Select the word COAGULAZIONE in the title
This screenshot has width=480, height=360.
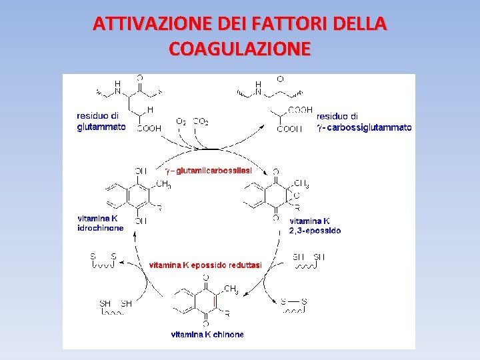point(240,49)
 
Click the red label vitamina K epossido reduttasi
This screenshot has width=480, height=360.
point(205,265)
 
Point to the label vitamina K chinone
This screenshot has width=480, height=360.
point(207,334)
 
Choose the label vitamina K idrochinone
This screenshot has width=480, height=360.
point(101,223)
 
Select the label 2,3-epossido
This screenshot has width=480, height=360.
point(315,231)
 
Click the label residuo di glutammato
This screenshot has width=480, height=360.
point(101,121)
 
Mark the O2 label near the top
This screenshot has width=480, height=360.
point(181,121)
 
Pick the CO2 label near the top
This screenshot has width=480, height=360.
point(200,121)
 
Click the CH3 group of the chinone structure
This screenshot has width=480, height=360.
point(231,289)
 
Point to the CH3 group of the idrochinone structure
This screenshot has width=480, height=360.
point(163,185)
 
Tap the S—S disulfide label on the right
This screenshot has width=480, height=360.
point(293,301)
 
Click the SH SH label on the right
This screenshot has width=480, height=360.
point(309,257)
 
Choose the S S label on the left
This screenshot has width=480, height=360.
point(103,256)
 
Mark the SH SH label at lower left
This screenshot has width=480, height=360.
point(115,303)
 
